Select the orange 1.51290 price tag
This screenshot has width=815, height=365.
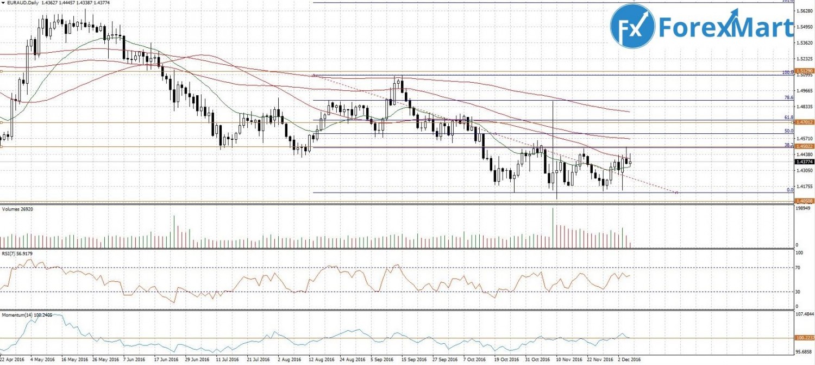(804, 71)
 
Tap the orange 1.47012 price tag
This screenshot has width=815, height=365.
(804, 123)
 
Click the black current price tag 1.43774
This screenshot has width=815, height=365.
(804, 161)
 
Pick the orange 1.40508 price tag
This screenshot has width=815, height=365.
(804, 201)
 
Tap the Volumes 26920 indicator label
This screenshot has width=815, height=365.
(16, 209)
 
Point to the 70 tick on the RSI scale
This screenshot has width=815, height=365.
(799, 268)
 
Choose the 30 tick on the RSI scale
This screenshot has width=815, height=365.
(799, 292)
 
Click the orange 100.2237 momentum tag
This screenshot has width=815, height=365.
(804, 338)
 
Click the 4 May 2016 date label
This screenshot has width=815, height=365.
(42, 360)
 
